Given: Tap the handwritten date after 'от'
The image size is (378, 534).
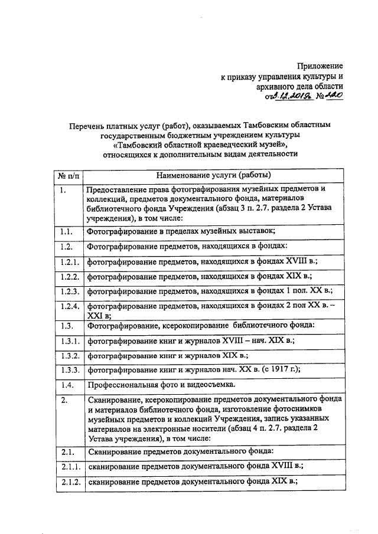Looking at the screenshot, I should click(x=285, y=98).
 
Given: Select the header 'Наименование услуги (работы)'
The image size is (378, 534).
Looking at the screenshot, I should click(x=214, y=175).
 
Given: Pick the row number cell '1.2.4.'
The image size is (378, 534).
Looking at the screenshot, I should click(x=69, y=306).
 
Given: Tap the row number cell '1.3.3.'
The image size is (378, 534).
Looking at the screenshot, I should click(x=69, y=370).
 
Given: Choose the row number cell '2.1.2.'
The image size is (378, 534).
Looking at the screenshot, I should click(x=69, y=481).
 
